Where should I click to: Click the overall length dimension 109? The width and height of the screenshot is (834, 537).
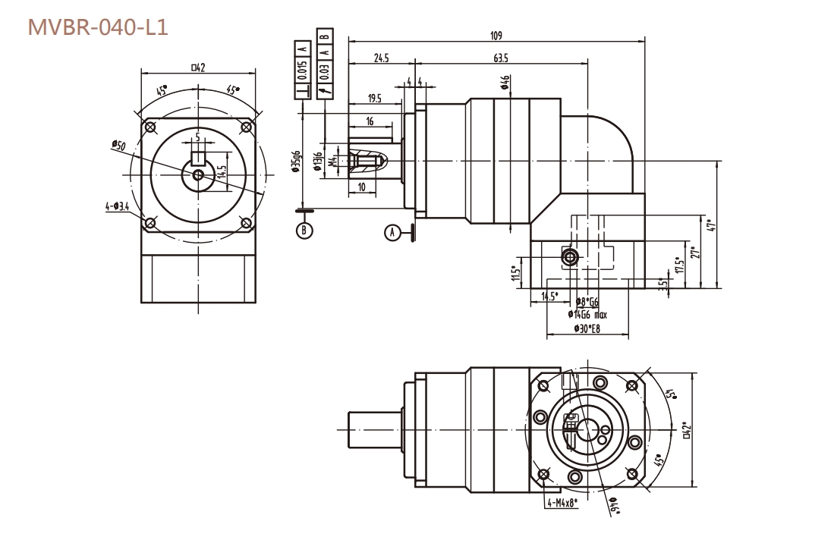tap(496, 36)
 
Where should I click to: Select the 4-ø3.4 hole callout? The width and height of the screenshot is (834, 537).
tap(116, 206)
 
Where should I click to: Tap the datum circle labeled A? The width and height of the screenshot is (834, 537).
tap(392, 232)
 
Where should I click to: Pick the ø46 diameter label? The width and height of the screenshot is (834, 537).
tap(505, 82)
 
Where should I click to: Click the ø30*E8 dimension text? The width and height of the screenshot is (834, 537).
tap(585, 328)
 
